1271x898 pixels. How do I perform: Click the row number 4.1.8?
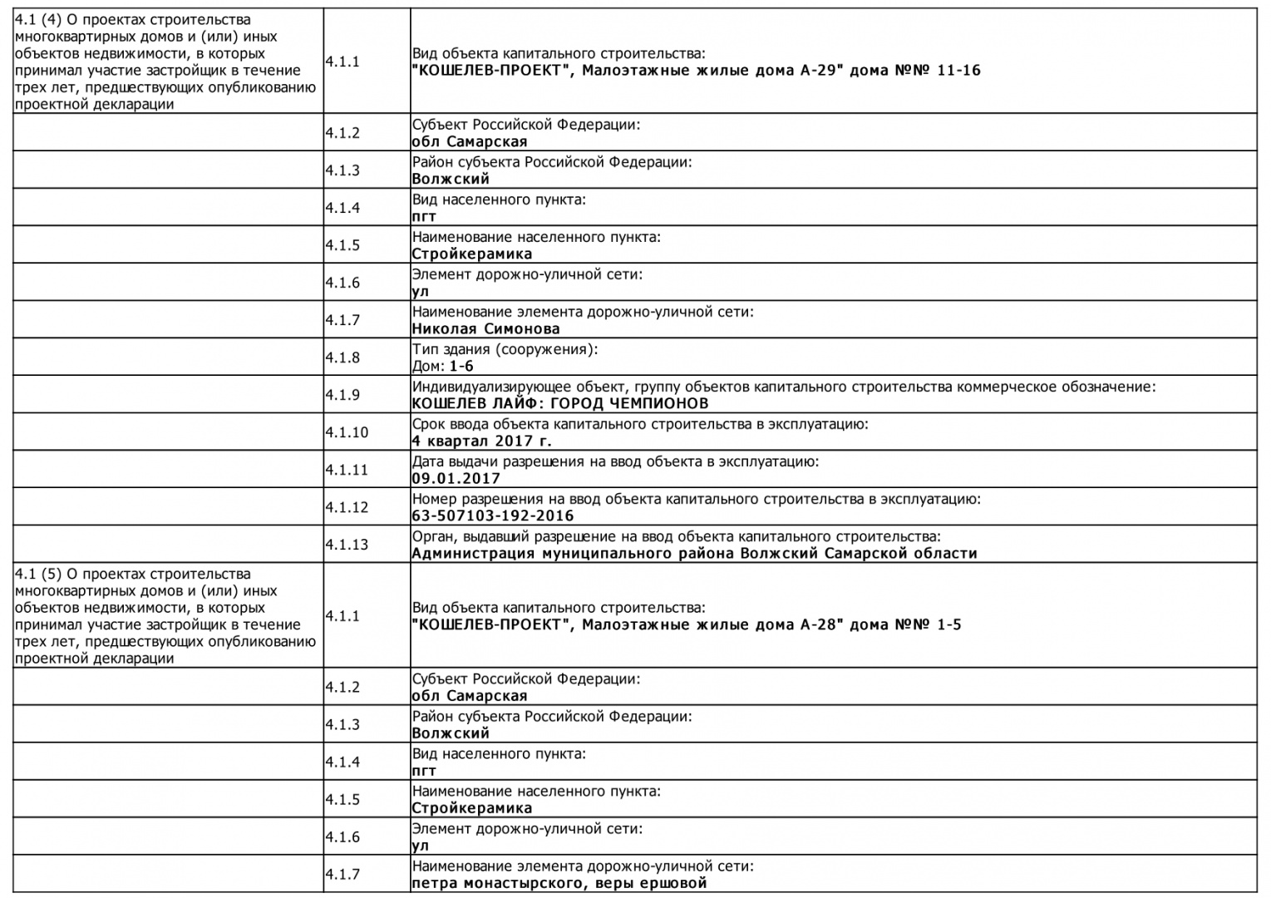pyautogui.click(x=342, y=358)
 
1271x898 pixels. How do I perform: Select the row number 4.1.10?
pyautogui.click(x=346, y=432)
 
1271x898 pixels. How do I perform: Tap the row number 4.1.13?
pyautogui.click(x=346, y=545)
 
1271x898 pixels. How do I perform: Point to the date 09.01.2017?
pyautogui.click(x=456, y=478)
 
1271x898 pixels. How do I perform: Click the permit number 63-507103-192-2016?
pyautogui.click(x=492, y=516)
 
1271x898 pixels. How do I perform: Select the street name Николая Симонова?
pyautogui.click(x=485, y=328)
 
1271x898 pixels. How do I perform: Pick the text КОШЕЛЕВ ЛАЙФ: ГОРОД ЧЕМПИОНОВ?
pyautogui.click(x=559, y=403)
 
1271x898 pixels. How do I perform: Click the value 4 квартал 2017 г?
pyautogui.click(x=481, y=441)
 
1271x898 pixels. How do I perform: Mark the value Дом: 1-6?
pyautogui.click(x=442, y=366)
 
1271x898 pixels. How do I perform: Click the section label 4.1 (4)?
pyautogui.click(x=38, y=20)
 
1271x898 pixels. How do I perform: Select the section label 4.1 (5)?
pyautogui.click(x=38, y=574)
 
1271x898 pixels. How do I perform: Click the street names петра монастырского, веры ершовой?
pyautogui.click(x=559, y=883)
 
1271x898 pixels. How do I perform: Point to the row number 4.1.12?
pyautogui.click(x=346, y=507)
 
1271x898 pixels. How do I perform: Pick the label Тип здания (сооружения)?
pyautogui.click(x=505, y=349)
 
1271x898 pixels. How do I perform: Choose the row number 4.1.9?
pyautogui.click(x=342, y=395)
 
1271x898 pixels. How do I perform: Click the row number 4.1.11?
pyautogui.click(x=346, y=470)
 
